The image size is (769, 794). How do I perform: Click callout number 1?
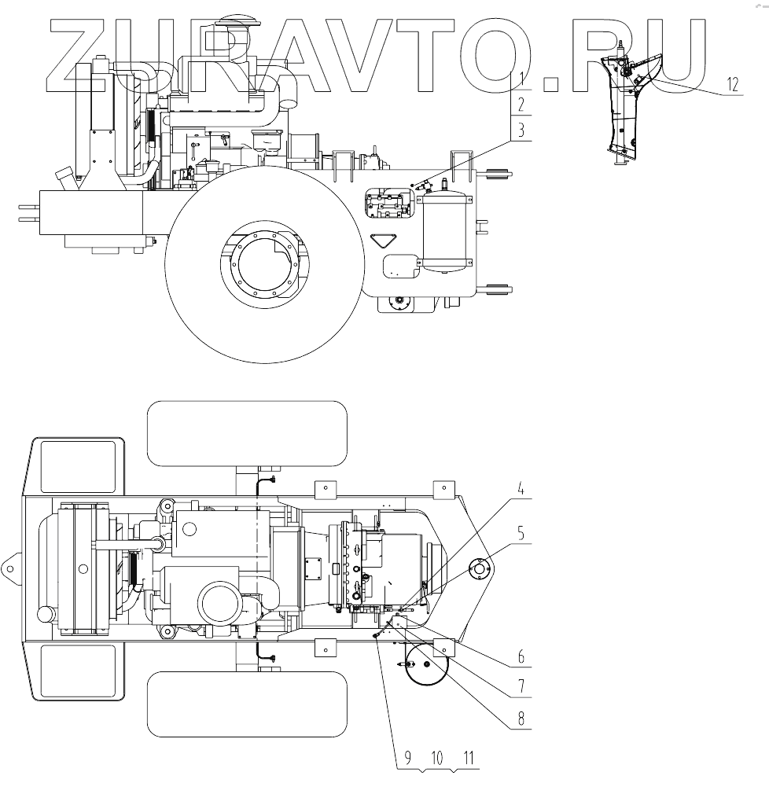pos(521,79)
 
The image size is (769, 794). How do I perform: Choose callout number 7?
pos(521,686)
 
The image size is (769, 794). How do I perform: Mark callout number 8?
pos(521,718)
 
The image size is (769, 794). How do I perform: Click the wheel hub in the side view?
pos(264,265)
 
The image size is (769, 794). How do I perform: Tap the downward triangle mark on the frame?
pos(384,241)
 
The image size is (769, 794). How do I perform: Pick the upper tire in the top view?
pos(248,432)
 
